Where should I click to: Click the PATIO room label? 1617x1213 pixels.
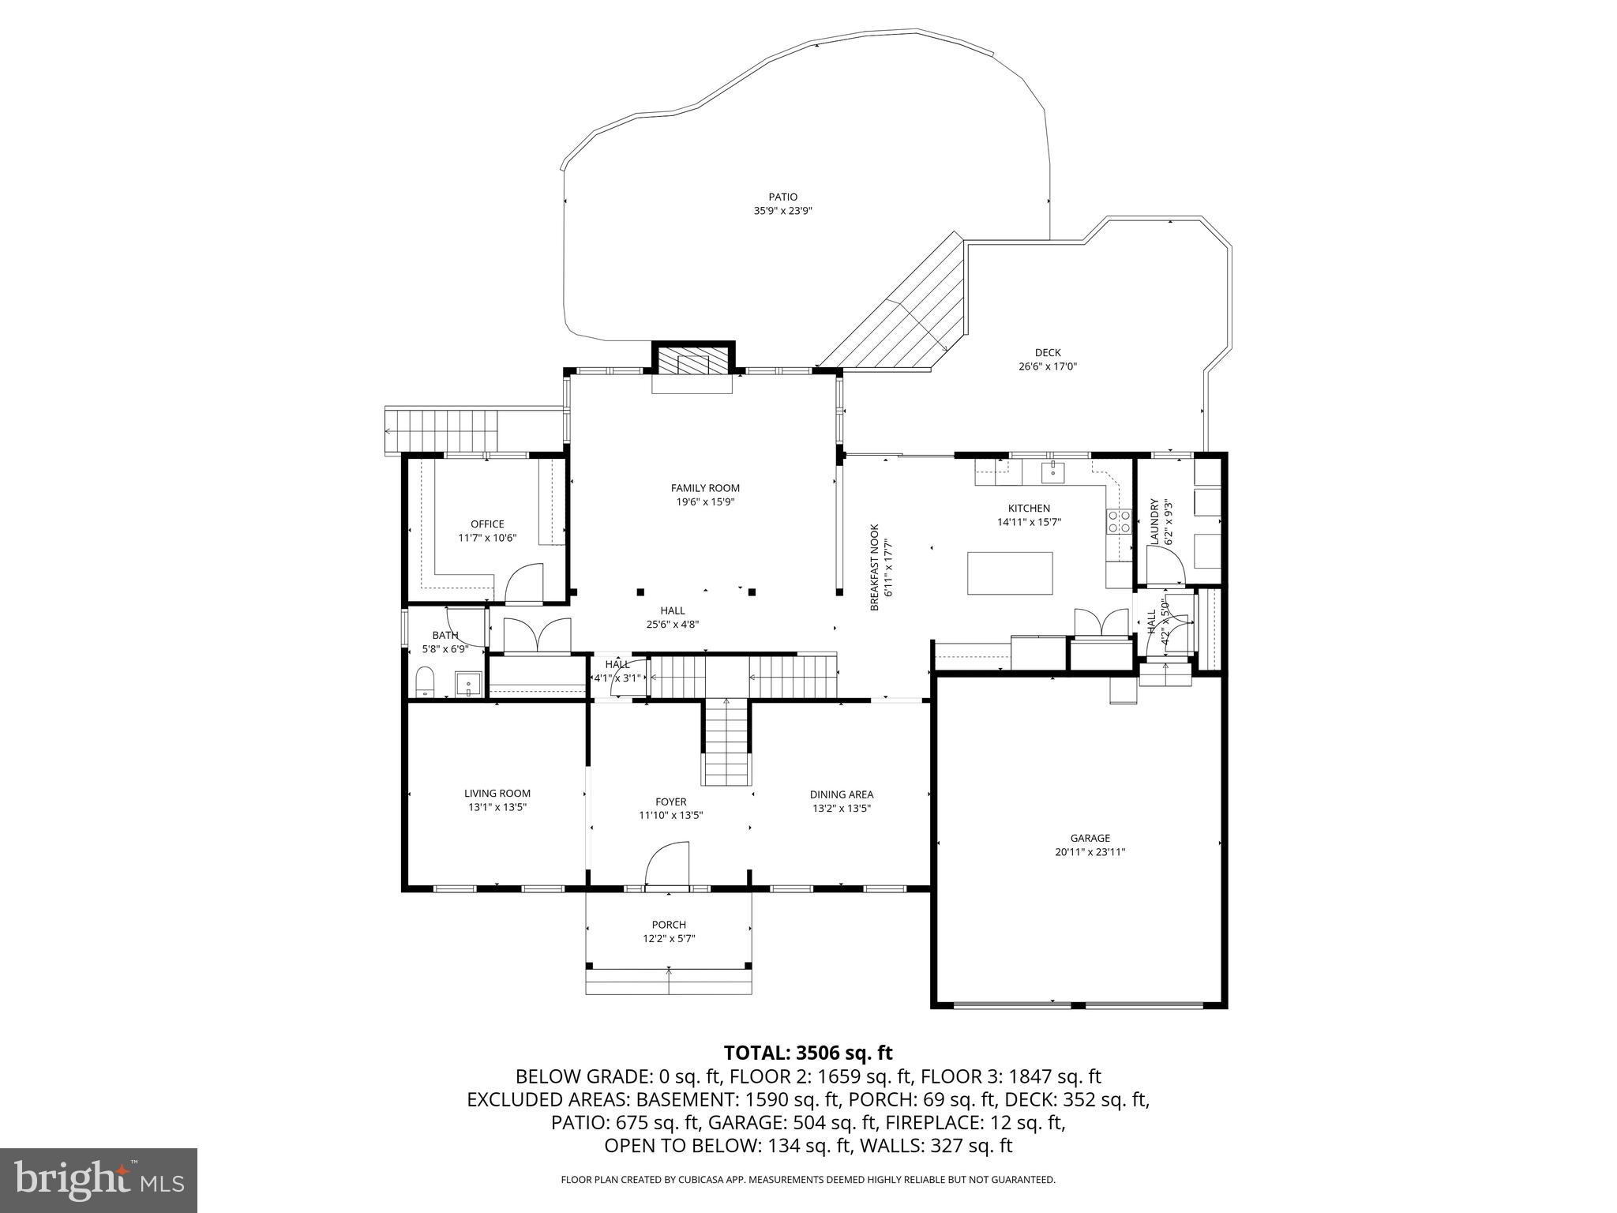782,197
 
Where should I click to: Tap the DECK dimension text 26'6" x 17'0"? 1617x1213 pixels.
1048,366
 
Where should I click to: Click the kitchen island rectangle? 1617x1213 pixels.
1010,573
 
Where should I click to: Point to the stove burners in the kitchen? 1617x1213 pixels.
1119,522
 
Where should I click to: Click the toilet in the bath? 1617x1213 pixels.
426,682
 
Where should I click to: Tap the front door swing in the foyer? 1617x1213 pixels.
668,864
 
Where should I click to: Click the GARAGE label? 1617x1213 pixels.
1090,838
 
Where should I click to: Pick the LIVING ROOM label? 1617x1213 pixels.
497,793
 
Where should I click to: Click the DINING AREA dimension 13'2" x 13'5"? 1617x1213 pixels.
841,809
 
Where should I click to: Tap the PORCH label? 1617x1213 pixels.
669,925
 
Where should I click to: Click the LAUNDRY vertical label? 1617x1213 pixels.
1154,520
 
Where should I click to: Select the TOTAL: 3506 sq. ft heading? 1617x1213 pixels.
808,1053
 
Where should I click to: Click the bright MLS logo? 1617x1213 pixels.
99,1180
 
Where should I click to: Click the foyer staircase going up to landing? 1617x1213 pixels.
726,742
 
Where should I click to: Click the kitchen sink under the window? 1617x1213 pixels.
1053,472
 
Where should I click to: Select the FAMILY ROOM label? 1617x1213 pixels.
705,488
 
